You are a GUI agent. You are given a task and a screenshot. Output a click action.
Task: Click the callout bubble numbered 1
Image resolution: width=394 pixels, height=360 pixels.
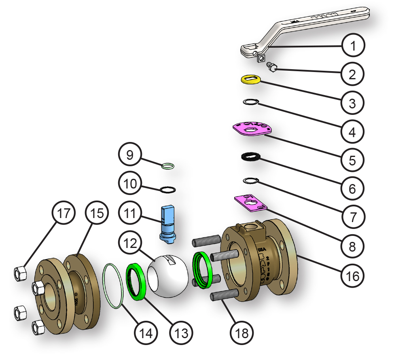tap(353, 46)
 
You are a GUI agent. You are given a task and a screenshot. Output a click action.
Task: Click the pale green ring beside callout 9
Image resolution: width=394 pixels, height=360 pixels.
tap(168, 165)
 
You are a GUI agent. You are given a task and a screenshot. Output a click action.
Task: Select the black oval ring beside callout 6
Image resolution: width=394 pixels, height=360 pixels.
tap(251, 157)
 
